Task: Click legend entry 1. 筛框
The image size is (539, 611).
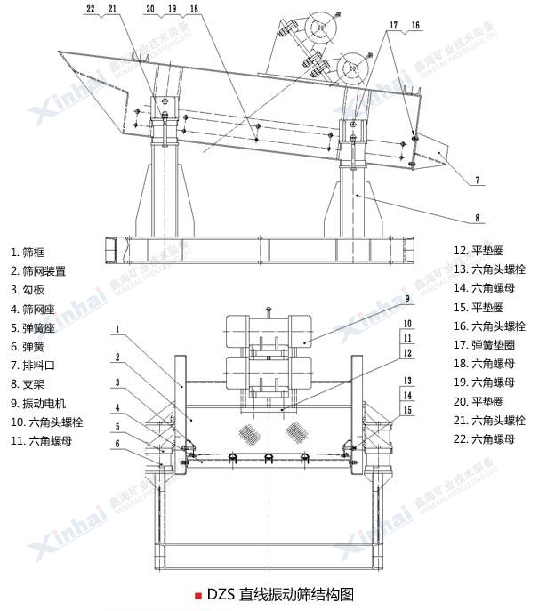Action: pyautogui.click(x=32, y=251)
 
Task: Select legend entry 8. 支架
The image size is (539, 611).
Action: pyautogui.click(x=32, y=383)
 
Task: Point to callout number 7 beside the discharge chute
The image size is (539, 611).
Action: pyautogui.click(x=478, y=180)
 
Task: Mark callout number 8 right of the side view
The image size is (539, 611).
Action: pyautogui.click(x=478, y=216)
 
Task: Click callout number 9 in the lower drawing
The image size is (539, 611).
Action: pyautogui.click(x=406, y=300)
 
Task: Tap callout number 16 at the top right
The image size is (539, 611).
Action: pyautogui.click(x=414, y=27)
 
